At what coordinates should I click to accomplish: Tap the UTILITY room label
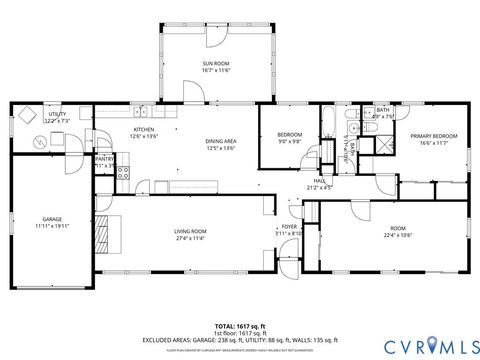pos(57,115)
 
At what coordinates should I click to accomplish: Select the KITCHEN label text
pos(145,130)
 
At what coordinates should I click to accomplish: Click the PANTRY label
pos(104,158)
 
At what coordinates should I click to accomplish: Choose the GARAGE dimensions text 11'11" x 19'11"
pos(52,225)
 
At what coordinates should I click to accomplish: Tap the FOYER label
pos(289,227)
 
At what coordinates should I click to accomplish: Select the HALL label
pos(319,181)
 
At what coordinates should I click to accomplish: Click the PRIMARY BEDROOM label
pos(433,136)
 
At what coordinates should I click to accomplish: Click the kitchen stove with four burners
pos(123,171)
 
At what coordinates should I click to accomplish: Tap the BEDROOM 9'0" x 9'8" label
pos(290,138)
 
